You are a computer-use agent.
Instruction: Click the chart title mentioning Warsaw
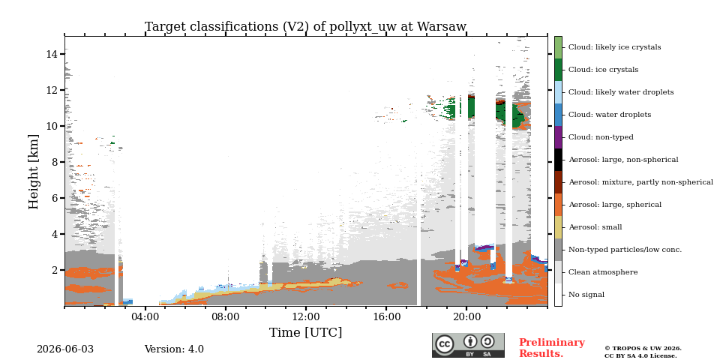(305, 27)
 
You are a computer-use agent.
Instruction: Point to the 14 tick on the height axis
(51, 54)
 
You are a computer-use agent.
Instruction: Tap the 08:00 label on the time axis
(226, 316)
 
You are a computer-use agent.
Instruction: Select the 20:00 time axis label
(467, 316)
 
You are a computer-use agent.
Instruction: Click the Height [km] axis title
(34, 172)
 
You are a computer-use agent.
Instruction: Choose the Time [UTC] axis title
(306, 332)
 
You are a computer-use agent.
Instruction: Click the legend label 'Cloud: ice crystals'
(603, 70)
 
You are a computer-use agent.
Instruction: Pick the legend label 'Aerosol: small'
(595, 227)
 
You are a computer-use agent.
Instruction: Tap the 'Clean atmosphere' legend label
(603, 272)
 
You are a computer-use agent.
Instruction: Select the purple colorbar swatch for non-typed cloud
(558, 137)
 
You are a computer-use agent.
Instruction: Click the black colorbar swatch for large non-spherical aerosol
(558, 160)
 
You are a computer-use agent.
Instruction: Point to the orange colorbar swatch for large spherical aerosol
(558, 205)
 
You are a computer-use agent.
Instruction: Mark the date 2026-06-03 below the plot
(65, 349)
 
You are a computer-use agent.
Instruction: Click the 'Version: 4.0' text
(174, 349)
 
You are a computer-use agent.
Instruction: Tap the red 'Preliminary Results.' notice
(552, 348)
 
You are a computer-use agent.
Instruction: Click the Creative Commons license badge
(468, 345)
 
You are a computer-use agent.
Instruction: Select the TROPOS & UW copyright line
(643, 349)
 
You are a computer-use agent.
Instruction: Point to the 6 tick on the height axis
(54, 198)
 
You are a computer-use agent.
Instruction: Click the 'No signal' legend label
(586, 295)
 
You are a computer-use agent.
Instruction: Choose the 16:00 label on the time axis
(386, 316)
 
